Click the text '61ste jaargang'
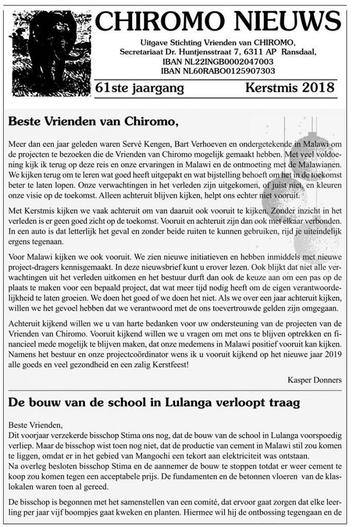(x=140, y=89)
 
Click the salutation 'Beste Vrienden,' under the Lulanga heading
(x=35, y=425)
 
